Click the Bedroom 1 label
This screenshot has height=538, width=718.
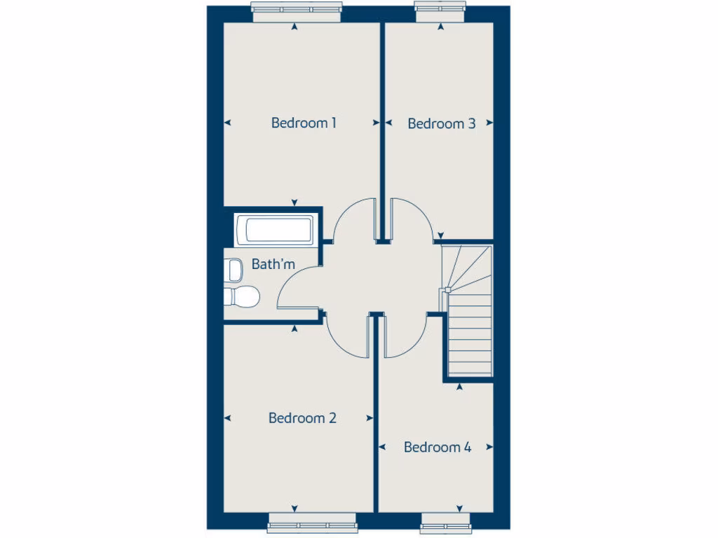tap(304, 123)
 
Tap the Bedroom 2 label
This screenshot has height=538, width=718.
tap(302, 418)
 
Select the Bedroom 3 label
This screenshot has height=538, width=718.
tap(441, 124)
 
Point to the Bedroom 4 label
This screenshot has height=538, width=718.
tap(438, 447)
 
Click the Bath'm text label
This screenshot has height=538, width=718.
tap(273, 265)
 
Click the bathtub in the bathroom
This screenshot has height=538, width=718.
tap(274, 230)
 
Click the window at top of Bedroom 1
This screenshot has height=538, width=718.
tap(297, 13)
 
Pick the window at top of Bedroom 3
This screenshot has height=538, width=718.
tap(440, 12)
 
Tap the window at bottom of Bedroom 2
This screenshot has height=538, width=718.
tap(311, 523)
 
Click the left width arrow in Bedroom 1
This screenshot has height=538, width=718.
tap(227, 123)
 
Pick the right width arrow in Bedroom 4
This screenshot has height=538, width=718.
tap(489, 446)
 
